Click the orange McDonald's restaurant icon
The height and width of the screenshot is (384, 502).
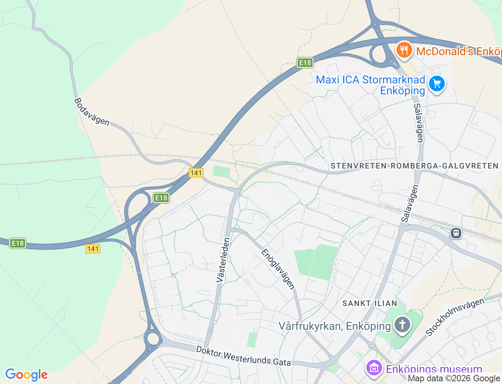[x=404, y=51]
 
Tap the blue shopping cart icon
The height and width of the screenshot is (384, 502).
[x=437, y=83]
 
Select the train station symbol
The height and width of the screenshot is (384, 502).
[x=456, y=233]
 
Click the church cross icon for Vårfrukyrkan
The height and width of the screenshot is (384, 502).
[x=402, y=325]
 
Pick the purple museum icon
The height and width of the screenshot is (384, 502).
[x=374, y=368]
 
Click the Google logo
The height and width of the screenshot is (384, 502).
[x=26, y=375]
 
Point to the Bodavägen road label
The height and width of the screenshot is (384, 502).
[x=92, y=112]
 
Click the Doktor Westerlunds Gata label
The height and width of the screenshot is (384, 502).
[x=243, y=356]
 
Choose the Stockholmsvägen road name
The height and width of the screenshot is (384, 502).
[x=455, y=317]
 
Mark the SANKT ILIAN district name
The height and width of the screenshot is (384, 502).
[x=369, y=303]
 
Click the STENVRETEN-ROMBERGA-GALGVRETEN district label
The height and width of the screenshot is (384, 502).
[x=414, y=166]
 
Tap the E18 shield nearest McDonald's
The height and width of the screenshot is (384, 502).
[x=305, y=63]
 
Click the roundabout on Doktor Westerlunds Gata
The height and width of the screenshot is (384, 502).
[x=153, y=339]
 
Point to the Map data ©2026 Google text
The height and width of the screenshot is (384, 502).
[x=454, y=379]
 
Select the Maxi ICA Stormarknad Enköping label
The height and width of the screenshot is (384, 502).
[x=371, y=85]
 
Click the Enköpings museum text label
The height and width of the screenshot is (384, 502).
[x=434, y=369]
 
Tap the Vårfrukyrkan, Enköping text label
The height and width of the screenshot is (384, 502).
[x=335, y=326]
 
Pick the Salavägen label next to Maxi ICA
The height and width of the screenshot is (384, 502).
[x=418, y=123]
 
